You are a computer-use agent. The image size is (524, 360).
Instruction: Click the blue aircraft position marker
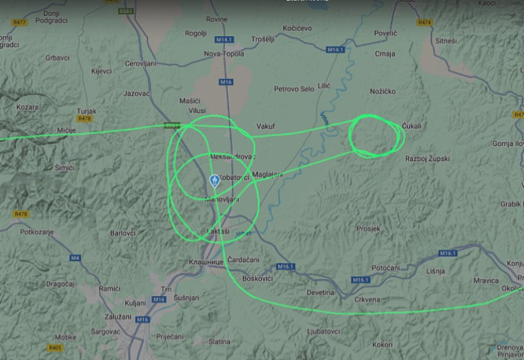coord(214,181)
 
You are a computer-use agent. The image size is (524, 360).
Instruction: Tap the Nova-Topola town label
coord(224,54)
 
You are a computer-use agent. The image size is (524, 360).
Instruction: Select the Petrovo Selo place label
coord(294,89)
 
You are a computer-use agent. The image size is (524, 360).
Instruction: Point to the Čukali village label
coord(411,126)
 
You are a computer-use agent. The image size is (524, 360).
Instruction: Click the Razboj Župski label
coord(427,159)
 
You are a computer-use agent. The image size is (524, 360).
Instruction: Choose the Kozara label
coord(27,107)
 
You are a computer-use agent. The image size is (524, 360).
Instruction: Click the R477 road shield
coord(19,22)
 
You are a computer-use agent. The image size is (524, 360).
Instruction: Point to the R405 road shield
coord(56,348)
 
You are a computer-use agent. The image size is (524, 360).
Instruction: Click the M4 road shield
coord(75,258)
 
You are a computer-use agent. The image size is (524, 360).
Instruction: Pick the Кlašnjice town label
coord(206,262)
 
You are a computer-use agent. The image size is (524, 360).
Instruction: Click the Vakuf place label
coord(265,126)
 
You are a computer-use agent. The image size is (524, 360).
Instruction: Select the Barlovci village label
coord(122,232)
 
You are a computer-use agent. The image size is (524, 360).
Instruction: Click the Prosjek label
coord(368,229)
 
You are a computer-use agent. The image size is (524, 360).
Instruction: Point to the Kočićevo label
coord(297,29)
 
